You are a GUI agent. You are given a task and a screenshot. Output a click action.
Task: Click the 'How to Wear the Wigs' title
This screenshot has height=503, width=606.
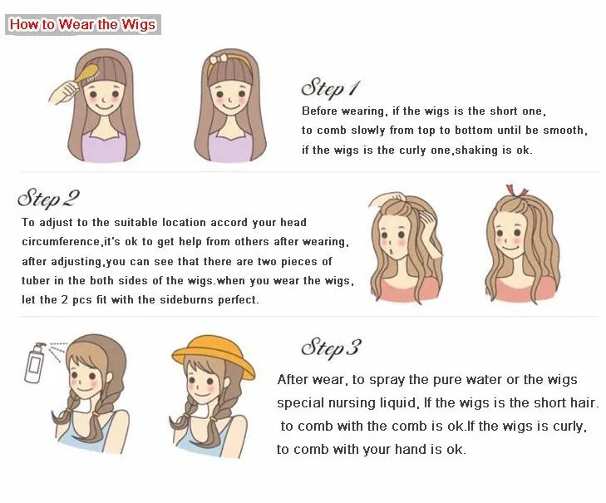click(82, 24)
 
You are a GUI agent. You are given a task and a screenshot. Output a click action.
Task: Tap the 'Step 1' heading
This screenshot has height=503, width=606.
click(330, 87)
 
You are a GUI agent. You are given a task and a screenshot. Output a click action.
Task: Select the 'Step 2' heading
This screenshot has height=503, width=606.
click(48, 199)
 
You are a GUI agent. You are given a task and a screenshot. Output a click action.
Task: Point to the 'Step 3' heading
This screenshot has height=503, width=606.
click(330, 347)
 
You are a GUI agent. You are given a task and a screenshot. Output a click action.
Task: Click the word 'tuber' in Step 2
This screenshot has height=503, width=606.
click(37, 280)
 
